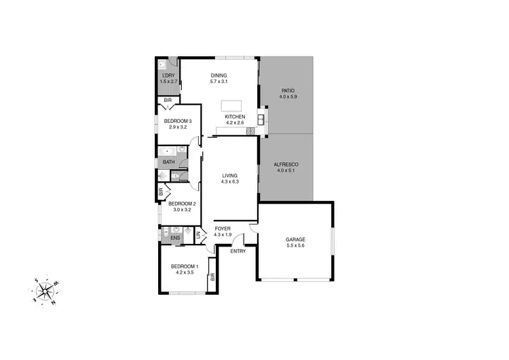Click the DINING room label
point(219,75)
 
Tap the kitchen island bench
point(231,107)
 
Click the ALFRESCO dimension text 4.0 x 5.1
point(286,170)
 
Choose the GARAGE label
point(295,239)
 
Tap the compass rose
point(45,291)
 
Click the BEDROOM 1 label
point(184,266)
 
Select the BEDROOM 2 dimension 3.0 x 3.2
point(182,210)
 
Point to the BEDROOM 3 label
point(178,122)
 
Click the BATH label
point(168,162)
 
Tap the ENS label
point(175,238)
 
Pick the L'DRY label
point(168,75)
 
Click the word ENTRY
point(238,251)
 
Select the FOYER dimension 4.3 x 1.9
point(223,235)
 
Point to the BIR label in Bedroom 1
point(212,276)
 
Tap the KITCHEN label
point(235,116)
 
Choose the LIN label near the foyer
point(197,236)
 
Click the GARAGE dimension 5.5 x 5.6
point(295,246)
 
